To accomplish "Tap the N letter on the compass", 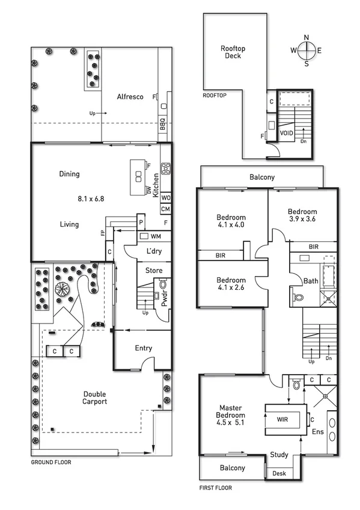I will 307,37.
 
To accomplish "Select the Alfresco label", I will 129,96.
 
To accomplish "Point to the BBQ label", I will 163,124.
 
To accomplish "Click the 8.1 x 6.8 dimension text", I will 91,198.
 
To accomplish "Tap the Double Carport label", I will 95,398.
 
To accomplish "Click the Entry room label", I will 144,348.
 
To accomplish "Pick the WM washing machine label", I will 156,236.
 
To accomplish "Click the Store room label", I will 154,271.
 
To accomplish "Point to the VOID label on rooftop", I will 286,133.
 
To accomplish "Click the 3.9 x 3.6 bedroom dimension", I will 302,220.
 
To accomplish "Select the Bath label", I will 311,281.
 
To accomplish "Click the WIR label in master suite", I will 283,416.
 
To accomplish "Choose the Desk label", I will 278,473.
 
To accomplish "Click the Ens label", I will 317,432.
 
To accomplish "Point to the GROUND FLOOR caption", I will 51,462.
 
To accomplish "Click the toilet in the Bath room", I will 300,295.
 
